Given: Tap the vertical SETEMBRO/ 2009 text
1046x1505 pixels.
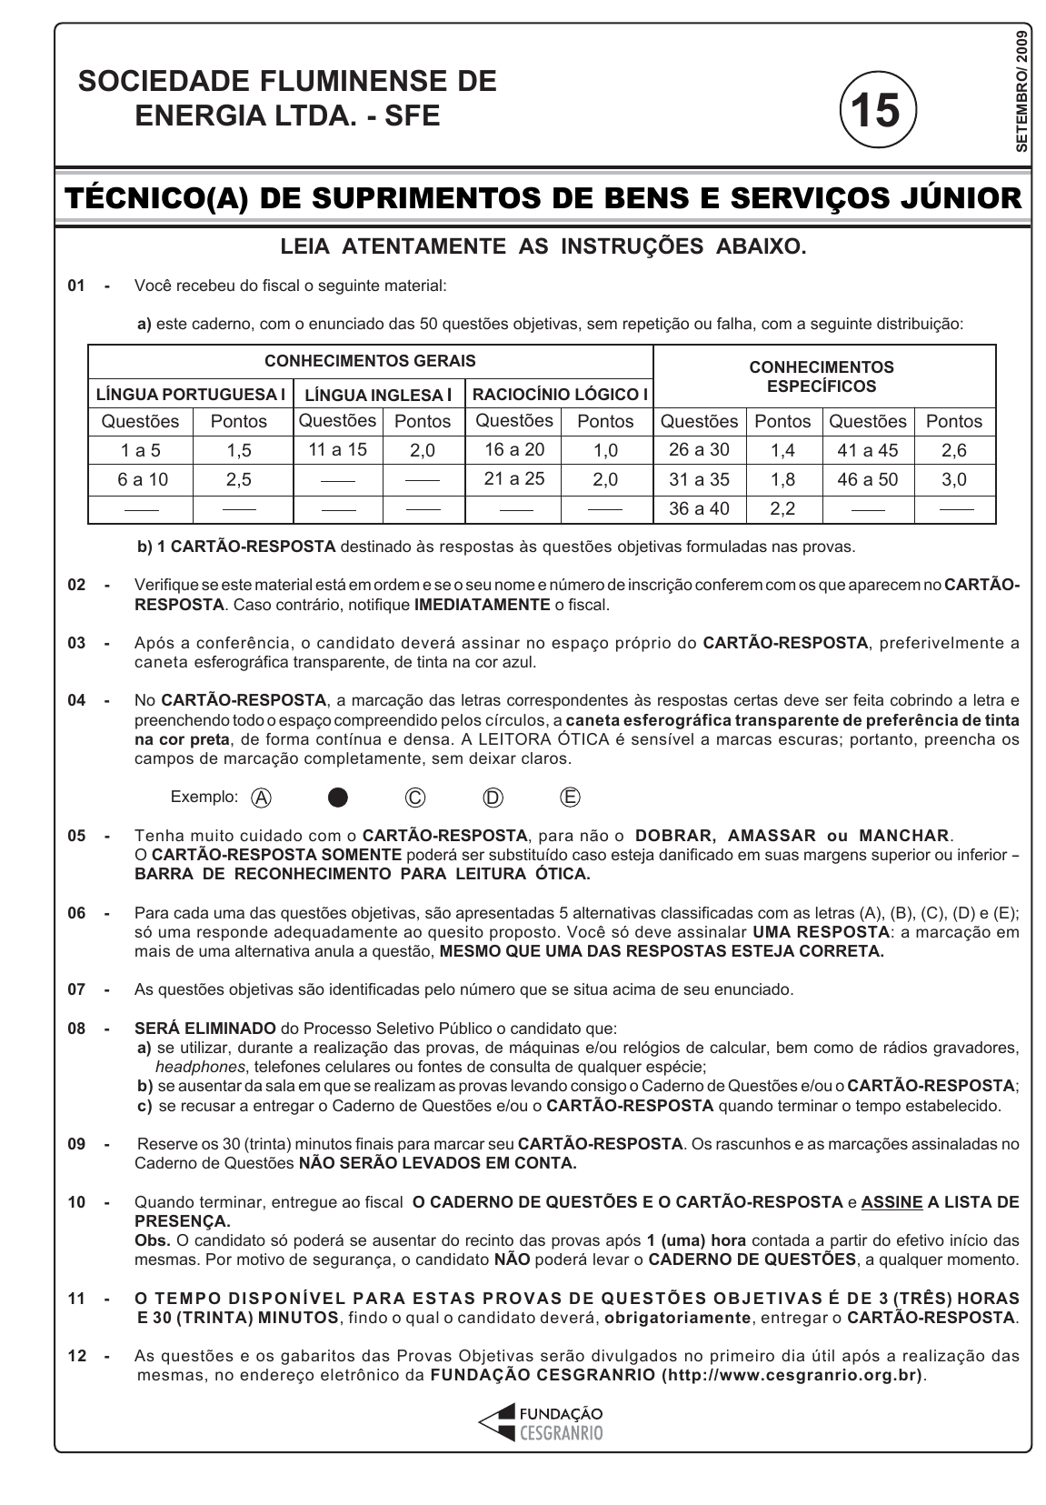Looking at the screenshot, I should [1021, 90].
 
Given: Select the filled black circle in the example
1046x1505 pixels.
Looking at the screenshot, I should [338, 798].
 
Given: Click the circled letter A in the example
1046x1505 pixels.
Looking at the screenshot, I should [261, 798].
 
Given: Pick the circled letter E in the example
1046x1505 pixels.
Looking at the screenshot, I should [570, 797].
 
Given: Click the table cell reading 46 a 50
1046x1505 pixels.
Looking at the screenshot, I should [868, 479].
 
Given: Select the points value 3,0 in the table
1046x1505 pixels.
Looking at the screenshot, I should [954, 479].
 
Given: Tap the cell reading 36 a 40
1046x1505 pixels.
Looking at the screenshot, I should [699, 509].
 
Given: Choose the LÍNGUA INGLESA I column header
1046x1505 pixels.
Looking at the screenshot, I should [378, 395].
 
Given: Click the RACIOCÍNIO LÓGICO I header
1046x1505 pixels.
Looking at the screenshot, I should [560, 395].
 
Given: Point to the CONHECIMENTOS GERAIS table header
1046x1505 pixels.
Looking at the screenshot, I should [370, 361].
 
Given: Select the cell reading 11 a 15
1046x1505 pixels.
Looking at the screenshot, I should [337, 448].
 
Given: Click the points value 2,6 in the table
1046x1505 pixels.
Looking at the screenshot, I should [954, 450].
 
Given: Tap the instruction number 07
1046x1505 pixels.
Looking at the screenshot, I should [76, 989].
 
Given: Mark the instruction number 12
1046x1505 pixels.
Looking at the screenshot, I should [76, 1356].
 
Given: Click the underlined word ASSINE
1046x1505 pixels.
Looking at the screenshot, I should [892, 1202].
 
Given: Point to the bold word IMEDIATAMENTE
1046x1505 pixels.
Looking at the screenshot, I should [482, 605].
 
